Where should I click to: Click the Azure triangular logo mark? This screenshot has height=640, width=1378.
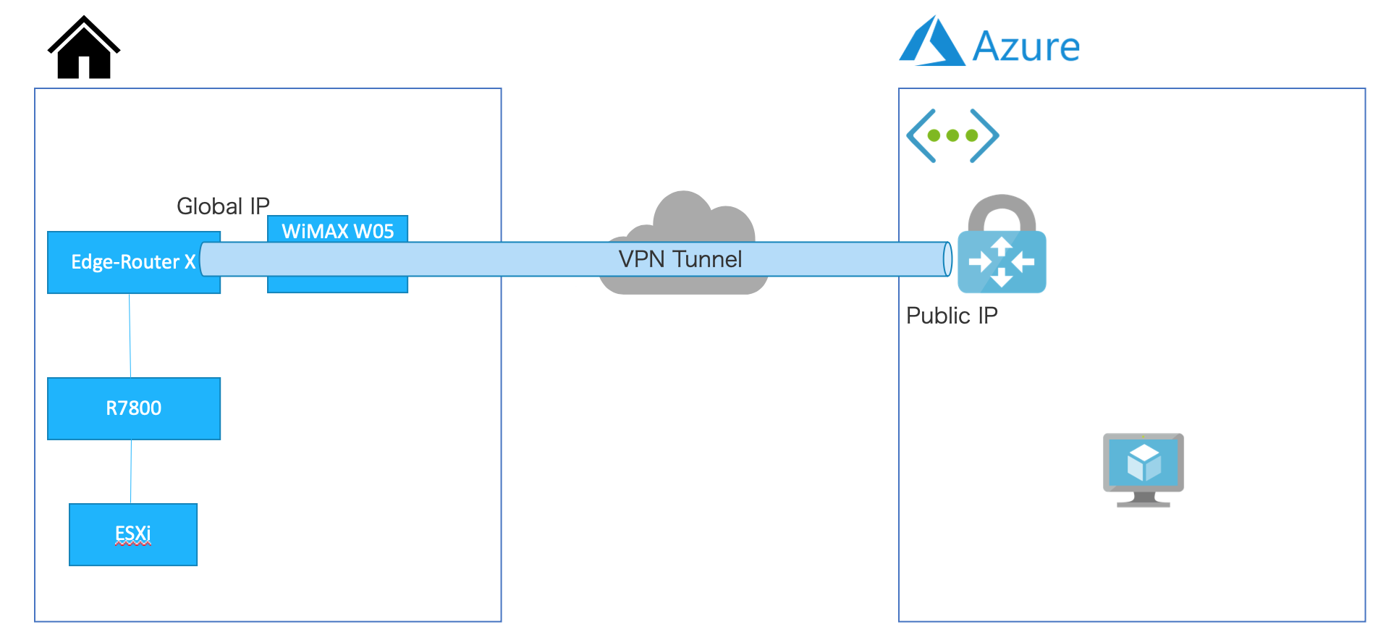coord(931,45)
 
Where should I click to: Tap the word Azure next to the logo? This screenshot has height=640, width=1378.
coord(1026,47)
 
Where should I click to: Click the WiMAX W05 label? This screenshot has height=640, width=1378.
coord(337,231)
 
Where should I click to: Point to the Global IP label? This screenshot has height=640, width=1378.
coord(223,206)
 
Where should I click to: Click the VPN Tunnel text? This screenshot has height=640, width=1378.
coord(680,259)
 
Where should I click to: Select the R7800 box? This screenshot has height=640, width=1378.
coord(134,408)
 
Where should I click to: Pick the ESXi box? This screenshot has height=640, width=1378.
coord(133,534)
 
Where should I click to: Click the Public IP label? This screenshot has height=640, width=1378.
coord(952,316)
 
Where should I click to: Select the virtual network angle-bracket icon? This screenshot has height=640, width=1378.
coord(952,135)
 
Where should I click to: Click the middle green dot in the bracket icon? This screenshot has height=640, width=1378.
coord(952,135)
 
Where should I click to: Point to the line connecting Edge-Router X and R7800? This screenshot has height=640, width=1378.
coord(130,335)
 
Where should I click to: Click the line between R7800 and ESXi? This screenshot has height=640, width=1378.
coord(131,471)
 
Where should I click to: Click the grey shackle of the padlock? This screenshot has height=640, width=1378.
coord(1002,210)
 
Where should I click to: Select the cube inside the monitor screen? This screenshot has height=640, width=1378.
coord(1144,462)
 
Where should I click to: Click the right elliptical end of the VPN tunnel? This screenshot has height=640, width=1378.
coord(947,259)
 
